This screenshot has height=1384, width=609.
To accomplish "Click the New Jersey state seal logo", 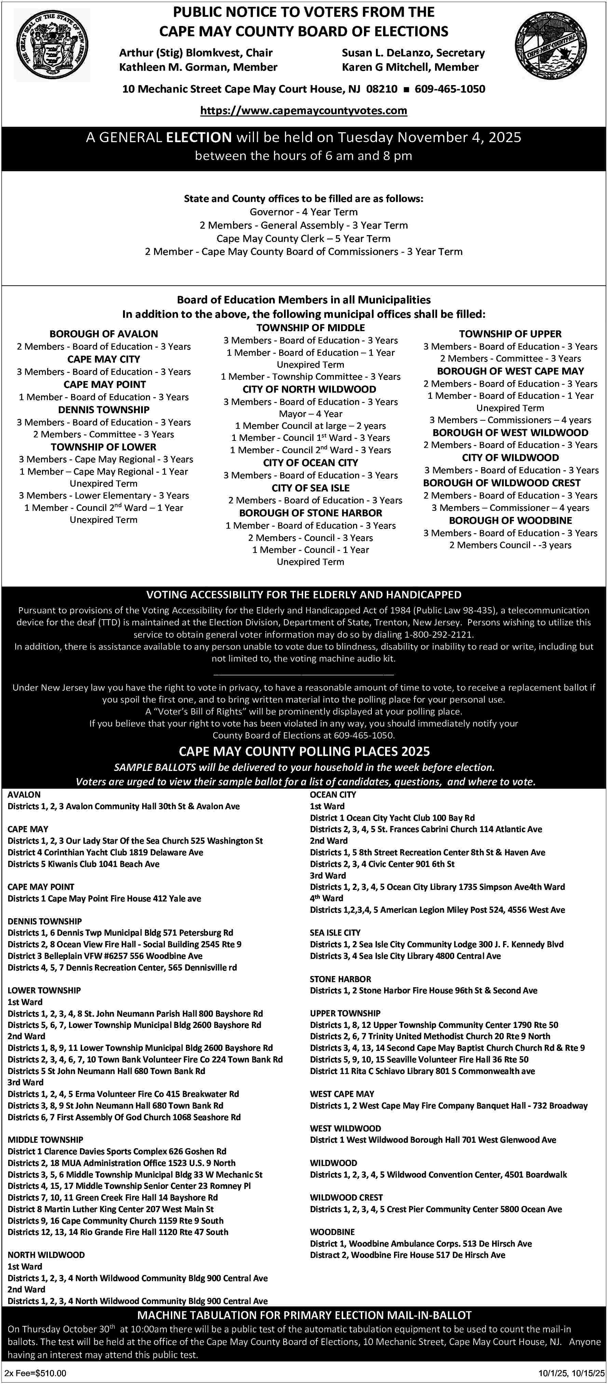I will (52, 45).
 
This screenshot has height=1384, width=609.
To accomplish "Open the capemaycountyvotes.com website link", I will (304, 111).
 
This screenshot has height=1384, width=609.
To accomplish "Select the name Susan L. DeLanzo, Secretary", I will (413, 53).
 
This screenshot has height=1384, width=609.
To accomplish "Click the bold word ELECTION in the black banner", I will (199, 137).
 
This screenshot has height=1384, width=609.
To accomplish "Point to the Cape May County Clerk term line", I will (304, 239).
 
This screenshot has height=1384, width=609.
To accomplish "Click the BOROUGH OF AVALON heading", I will (104, 334).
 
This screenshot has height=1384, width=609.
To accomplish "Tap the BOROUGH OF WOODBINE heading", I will (510, 520).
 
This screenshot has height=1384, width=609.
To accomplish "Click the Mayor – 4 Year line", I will (310, 414).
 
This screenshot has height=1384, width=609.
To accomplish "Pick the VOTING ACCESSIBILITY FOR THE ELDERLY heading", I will (304, 595).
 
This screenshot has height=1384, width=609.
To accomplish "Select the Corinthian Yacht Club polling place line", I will (105, 852).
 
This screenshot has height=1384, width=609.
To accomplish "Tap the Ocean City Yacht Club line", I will (392, 818).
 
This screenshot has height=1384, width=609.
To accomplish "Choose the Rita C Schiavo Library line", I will (422, 1071).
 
